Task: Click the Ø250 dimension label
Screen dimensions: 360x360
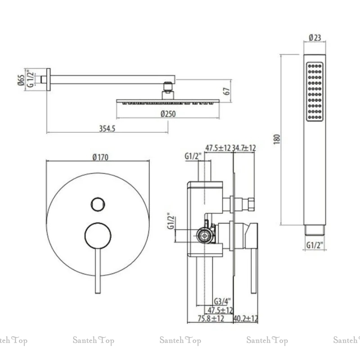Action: tap(168, 114)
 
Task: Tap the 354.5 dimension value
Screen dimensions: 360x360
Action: tap(107, 128)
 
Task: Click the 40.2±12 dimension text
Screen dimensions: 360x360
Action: tap(246, 319)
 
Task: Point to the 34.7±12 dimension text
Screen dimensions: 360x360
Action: tap(245, 148)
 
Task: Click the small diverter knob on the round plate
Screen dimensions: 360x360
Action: tap(97, 204)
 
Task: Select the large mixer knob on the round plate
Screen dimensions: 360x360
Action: tap(98, 235)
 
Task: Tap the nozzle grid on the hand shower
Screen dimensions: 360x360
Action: tap(315, 92)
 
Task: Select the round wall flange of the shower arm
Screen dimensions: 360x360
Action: tap(48, 80)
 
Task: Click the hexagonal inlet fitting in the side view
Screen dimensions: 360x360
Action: tap(205, 234)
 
